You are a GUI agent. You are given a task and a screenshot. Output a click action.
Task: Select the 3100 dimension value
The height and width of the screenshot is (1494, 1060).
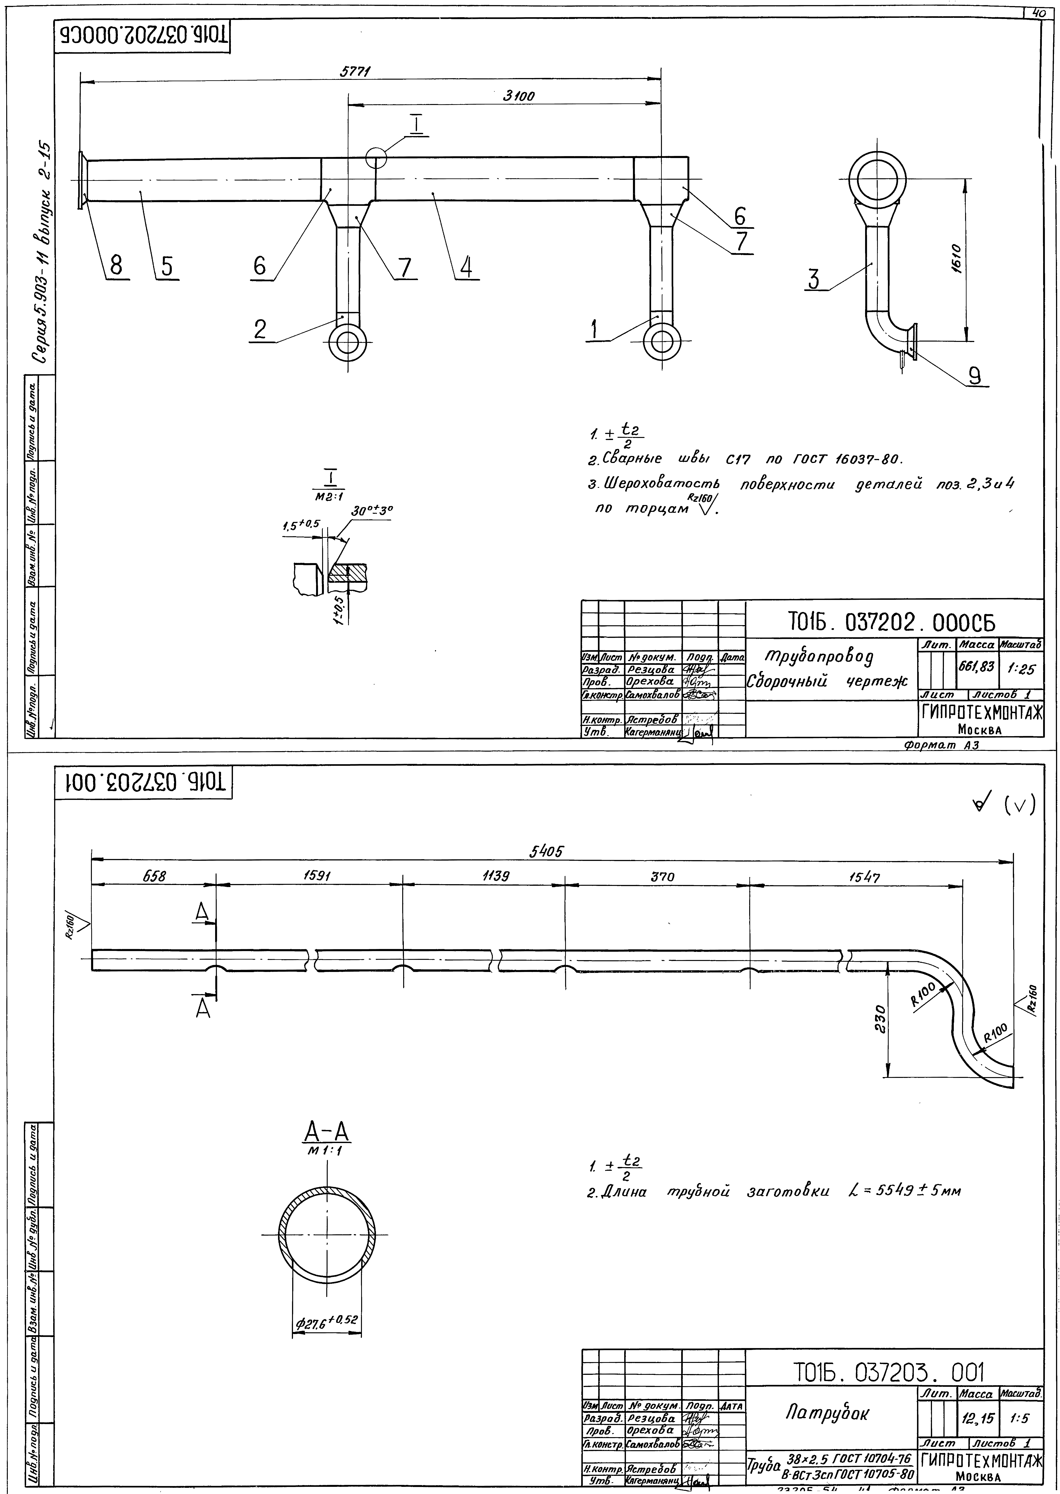(519, 96)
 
